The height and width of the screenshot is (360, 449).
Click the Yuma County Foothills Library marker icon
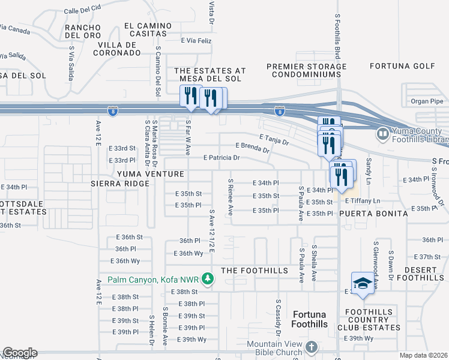pos(382,133)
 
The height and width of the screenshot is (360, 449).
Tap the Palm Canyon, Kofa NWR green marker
pos(208,279)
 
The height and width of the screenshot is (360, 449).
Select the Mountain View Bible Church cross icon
pos(311,347)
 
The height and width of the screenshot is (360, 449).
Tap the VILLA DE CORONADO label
pos(116,49)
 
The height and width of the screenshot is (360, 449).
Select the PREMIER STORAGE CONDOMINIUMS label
pos(306,70)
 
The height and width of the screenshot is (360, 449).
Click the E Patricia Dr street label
pos(221,158)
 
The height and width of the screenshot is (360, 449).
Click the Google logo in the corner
pos(19,353)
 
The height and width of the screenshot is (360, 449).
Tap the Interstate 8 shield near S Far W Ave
pos(112,111)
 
